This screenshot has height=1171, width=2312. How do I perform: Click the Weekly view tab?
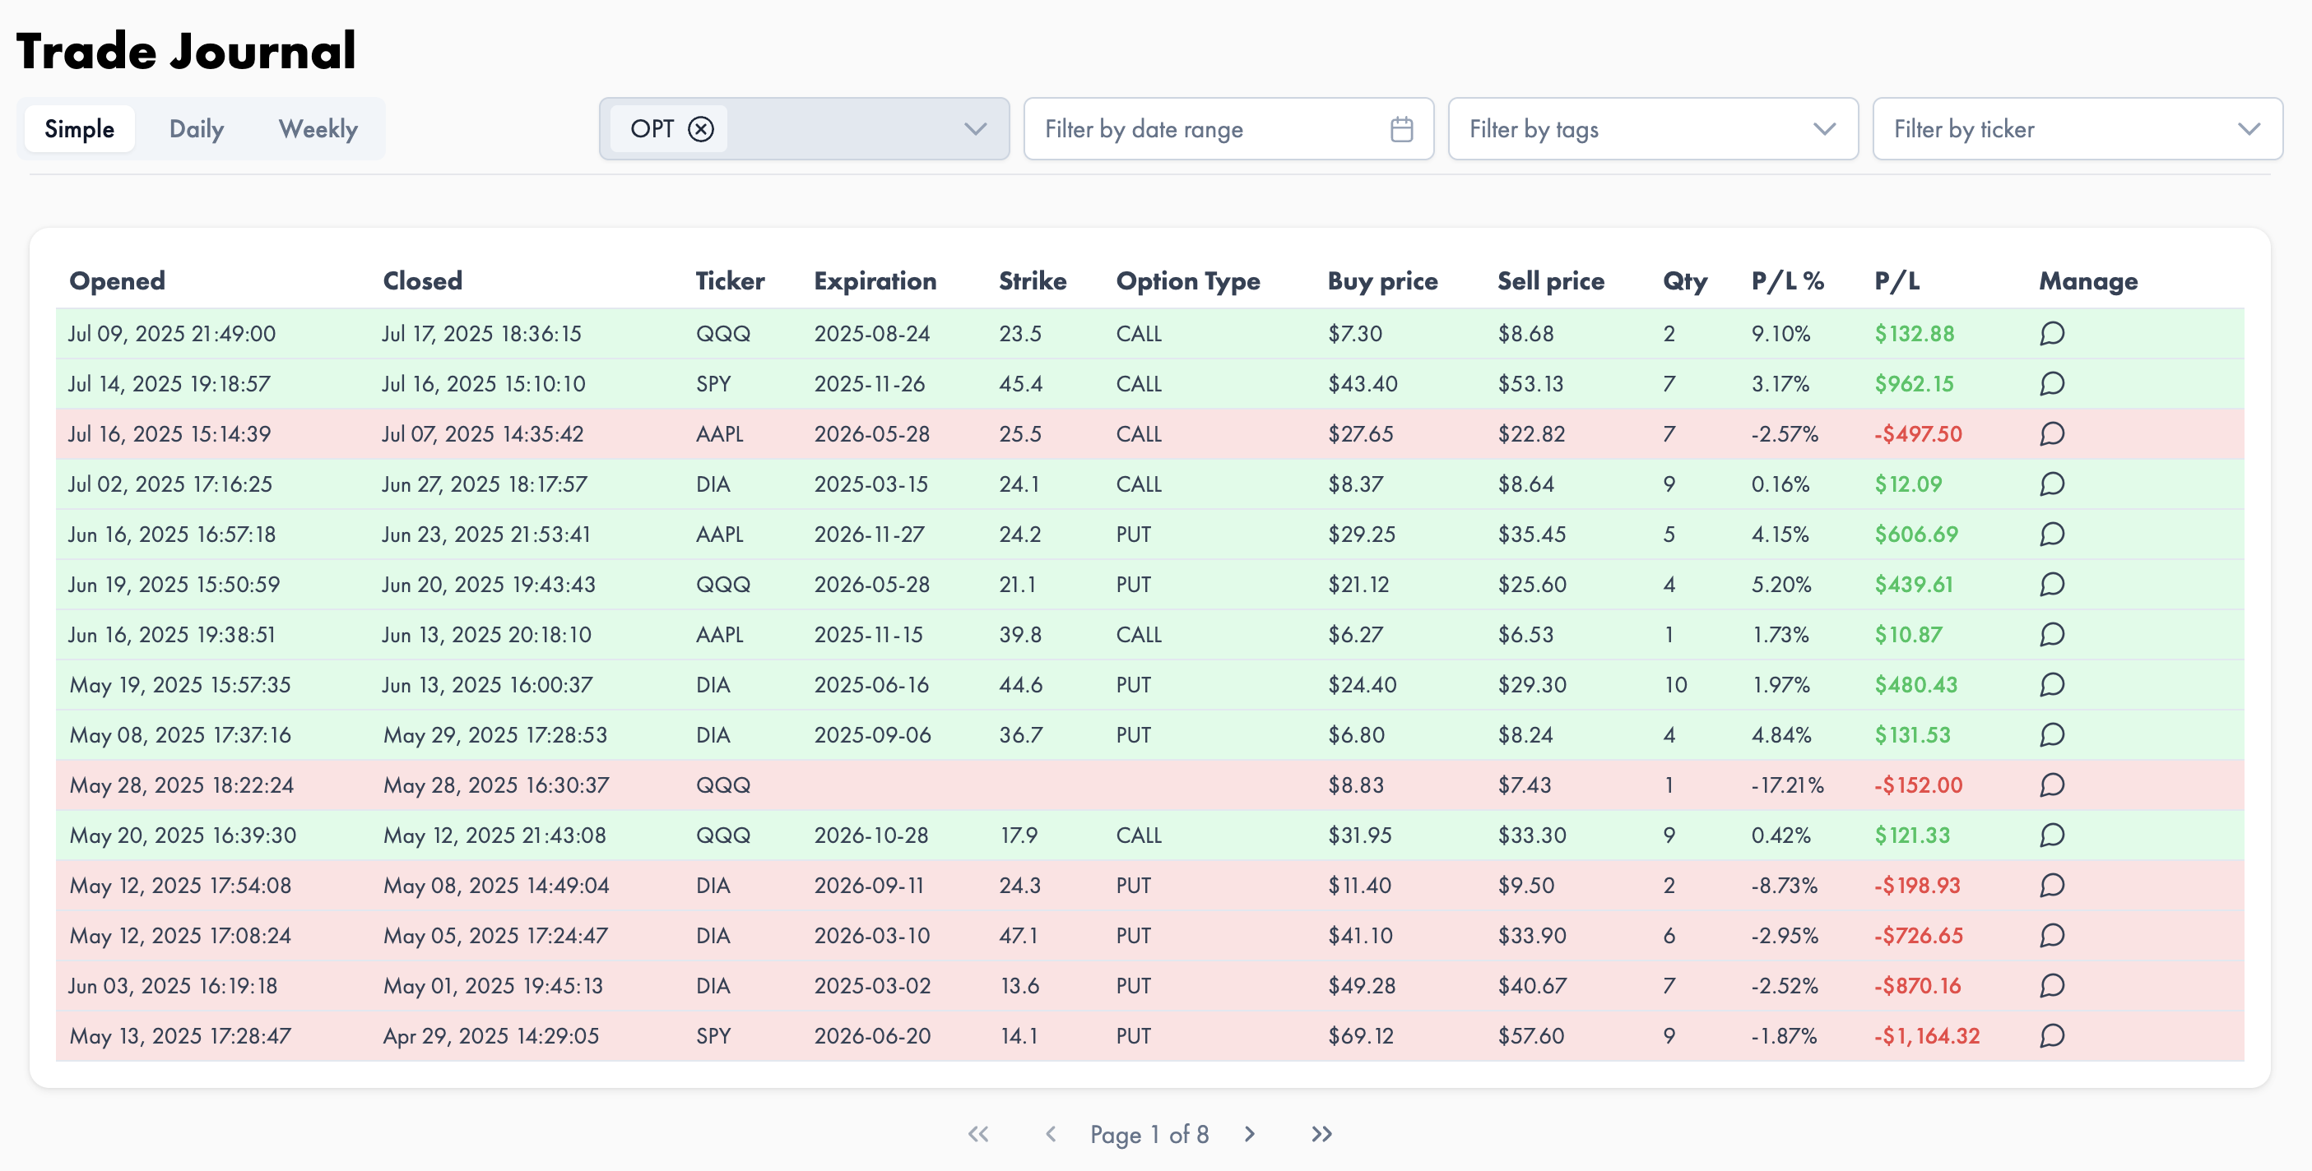(x=318, y=129)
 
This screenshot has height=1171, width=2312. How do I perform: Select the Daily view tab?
(x=197, y=129)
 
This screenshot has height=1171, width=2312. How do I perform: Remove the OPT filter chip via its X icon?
(x=701, y=129)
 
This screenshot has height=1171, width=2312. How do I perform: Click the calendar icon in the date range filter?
(x=1401, y=129)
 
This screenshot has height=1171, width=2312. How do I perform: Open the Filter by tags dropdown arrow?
(x=1824, y=129)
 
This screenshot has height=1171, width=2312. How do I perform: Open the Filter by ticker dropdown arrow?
(x=2249, y=129)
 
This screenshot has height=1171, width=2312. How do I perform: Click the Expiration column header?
(x=875, y=281)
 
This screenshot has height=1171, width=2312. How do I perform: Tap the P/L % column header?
(x=1787, y=281)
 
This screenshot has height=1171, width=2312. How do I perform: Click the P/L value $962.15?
(x=1914, y=384)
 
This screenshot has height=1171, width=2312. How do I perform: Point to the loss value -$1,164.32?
(x=1926, y=1036)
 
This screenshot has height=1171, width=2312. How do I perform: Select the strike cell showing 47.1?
(x=1019, y=936)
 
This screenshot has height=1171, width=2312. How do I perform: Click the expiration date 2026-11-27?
(x=869, y=535)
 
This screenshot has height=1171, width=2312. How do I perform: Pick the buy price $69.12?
(x=1361, y=1036)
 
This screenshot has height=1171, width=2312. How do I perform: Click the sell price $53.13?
(x=1530, y=384)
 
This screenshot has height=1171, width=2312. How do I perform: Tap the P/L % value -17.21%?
(x=1787, y=785)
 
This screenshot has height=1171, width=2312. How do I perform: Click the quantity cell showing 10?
(x=1676, y=685)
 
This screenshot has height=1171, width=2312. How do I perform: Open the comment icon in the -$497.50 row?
(x=2052, y=434)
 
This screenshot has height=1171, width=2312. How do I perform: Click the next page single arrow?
(x=1249, y=1134)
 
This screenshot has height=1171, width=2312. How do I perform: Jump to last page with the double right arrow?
(x=1321, y=1134)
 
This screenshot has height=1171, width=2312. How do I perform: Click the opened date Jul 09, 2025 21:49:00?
(x=171, y=334)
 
